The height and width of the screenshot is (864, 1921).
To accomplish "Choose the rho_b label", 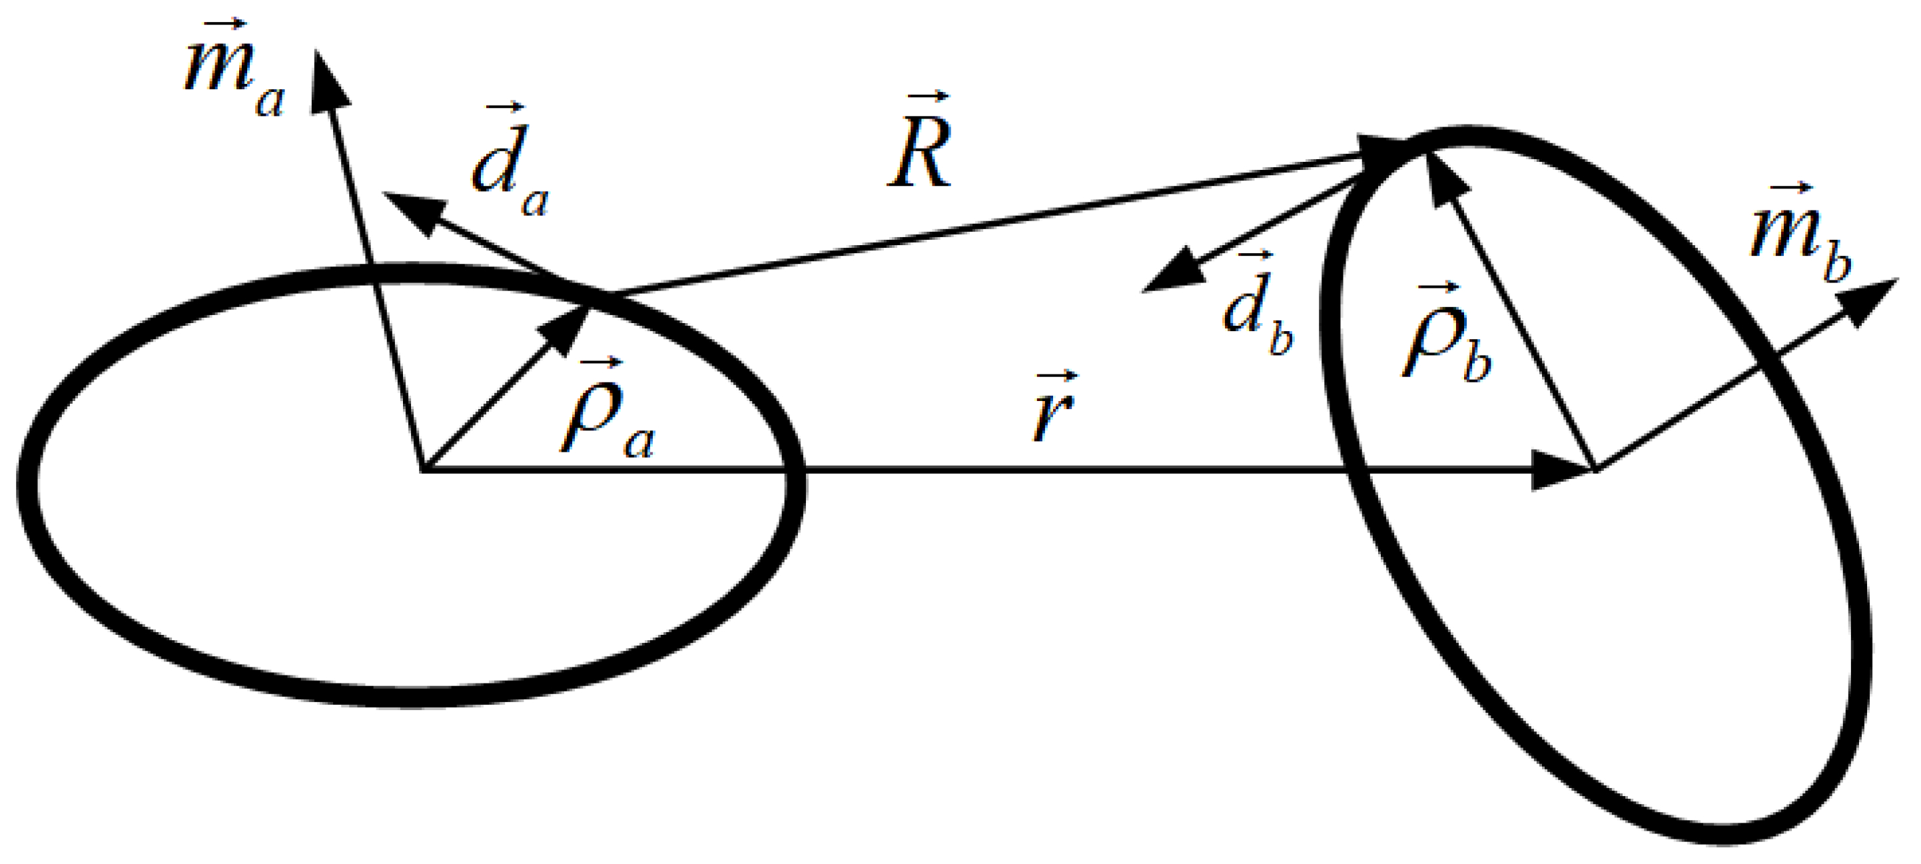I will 1447,336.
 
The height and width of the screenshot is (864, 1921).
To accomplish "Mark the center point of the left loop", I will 423,471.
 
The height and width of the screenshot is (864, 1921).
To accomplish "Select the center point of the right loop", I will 1595,471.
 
